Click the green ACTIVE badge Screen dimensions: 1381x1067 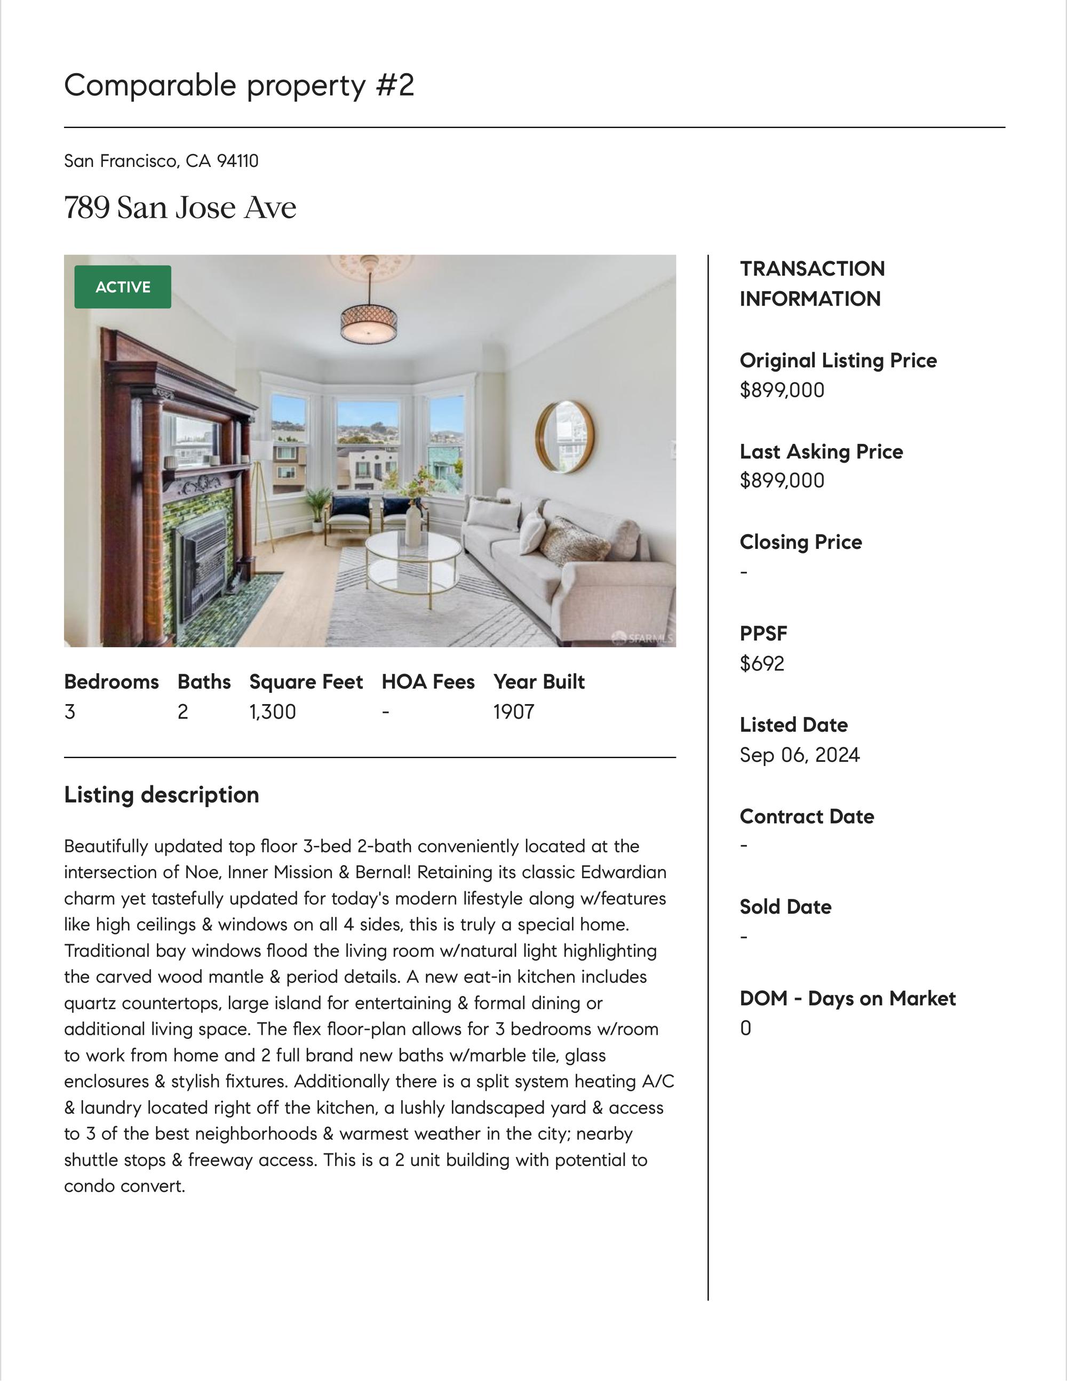(x=123, y=287)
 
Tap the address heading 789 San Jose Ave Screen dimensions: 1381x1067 (x=180, y=207)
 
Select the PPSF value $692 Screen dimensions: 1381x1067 (x=762, y=664)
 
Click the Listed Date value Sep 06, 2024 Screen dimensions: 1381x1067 (x=800, y=755)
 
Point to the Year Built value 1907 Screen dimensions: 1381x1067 (x=514, y=712)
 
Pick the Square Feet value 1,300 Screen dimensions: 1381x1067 (x=273, y=712)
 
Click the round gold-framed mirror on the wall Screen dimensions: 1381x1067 (x=565, y=436)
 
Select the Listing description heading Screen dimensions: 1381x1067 (x=161, y=795)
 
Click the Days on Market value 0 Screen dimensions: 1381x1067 (x=746, y=1028)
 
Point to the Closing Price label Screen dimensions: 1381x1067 (x=801, y=542)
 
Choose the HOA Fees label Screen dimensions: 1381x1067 (x=427, y=682)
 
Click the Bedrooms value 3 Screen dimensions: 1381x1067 (x=69, y=712)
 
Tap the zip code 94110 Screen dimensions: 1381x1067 (x=238, y=161)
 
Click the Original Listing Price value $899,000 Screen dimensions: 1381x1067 (x=782, y=390)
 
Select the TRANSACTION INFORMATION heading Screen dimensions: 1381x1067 (x=812, y=283)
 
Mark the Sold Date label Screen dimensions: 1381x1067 (x=785, y=907)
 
